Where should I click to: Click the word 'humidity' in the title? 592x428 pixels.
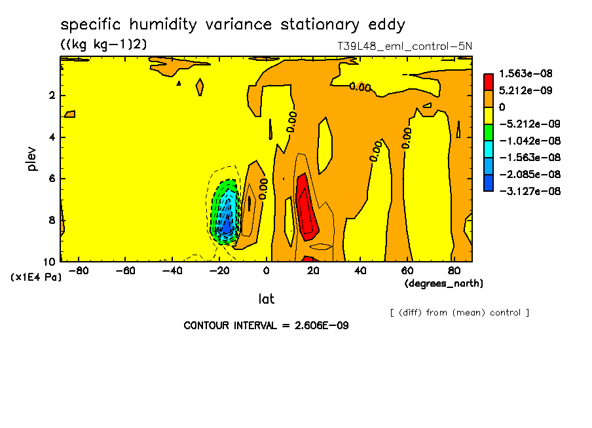[x=164, y=25]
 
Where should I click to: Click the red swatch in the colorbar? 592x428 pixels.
[x=489, y=82]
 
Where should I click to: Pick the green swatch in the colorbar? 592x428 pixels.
[x=489, y=132]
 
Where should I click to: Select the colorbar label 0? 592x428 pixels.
[x=502, y=107]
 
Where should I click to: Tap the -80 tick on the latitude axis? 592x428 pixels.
[x=79, y=270]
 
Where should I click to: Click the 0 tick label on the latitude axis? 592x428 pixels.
[x=267, y=270]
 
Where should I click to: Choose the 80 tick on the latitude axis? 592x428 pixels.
[x=453, y=270]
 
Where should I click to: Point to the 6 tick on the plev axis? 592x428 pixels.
[x=52, y=179]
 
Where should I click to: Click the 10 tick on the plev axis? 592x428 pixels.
[x=49, y=261]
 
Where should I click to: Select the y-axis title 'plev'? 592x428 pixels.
[x=32, y=159]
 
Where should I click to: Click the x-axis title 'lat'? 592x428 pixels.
[x=266, y=299]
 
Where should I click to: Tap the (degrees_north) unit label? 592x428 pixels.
[x=444, y=283]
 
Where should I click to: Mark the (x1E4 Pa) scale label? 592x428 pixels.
[x=37, y=277]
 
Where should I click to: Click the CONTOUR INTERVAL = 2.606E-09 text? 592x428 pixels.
[x=266, y=325]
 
